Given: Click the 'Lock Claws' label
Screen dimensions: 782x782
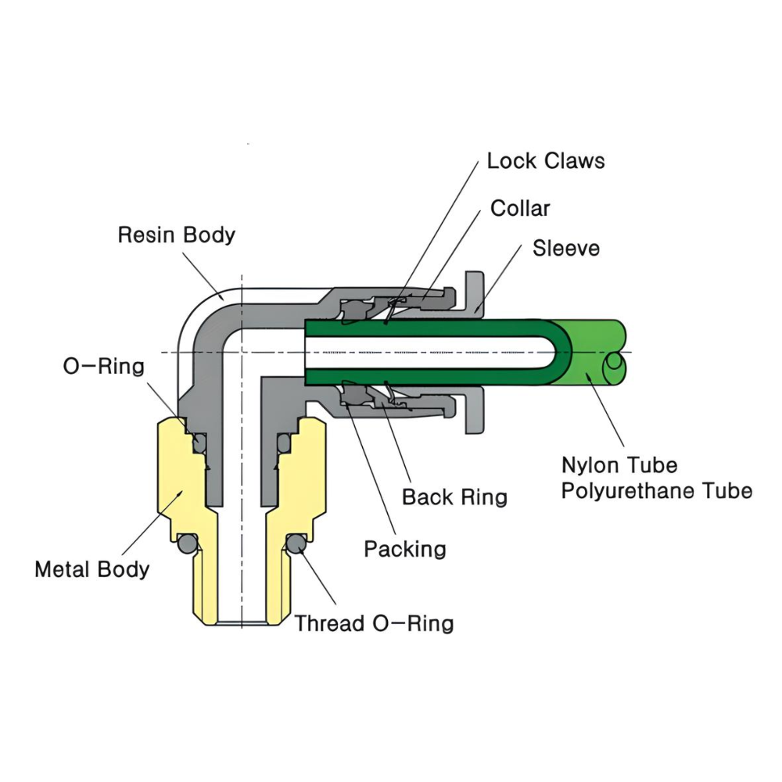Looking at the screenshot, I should tap(545, 161).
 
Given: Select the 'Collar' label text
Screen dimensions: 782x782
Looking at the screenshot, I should tap(520, 209).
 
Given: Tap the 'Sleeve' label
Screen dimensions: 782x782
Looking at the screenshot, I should tap(565, 249).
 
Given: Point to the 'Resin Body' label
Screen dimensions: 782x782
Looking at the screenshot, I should tap(176, 235).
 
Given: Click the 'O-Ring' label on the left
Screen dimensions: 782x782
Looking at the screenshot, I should tap(104, 367).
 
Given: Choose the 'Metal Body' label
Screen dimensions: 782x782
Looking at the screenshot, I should tap(91, 569).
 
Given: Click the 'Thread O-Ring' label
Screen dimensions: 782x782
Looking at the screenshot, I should tap(374, 623).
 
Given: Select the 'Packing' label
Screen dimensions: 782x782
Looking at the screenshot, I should tap(405, 549).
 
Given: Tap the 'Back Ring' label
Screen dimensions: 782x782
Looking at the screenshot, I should tap(454, 497).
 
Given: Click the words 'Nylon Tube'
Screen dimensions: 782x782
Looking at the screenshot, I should tap(619, 465).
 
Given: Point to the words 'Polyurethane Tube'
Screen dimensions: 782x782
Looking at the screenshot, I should tap(657, 491).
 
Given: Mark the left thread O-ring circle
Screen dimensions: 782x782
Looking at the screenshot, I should tap(186, 543).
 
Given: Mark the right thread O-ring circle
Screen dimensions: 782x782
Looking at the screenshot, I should tap(295, 543).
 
